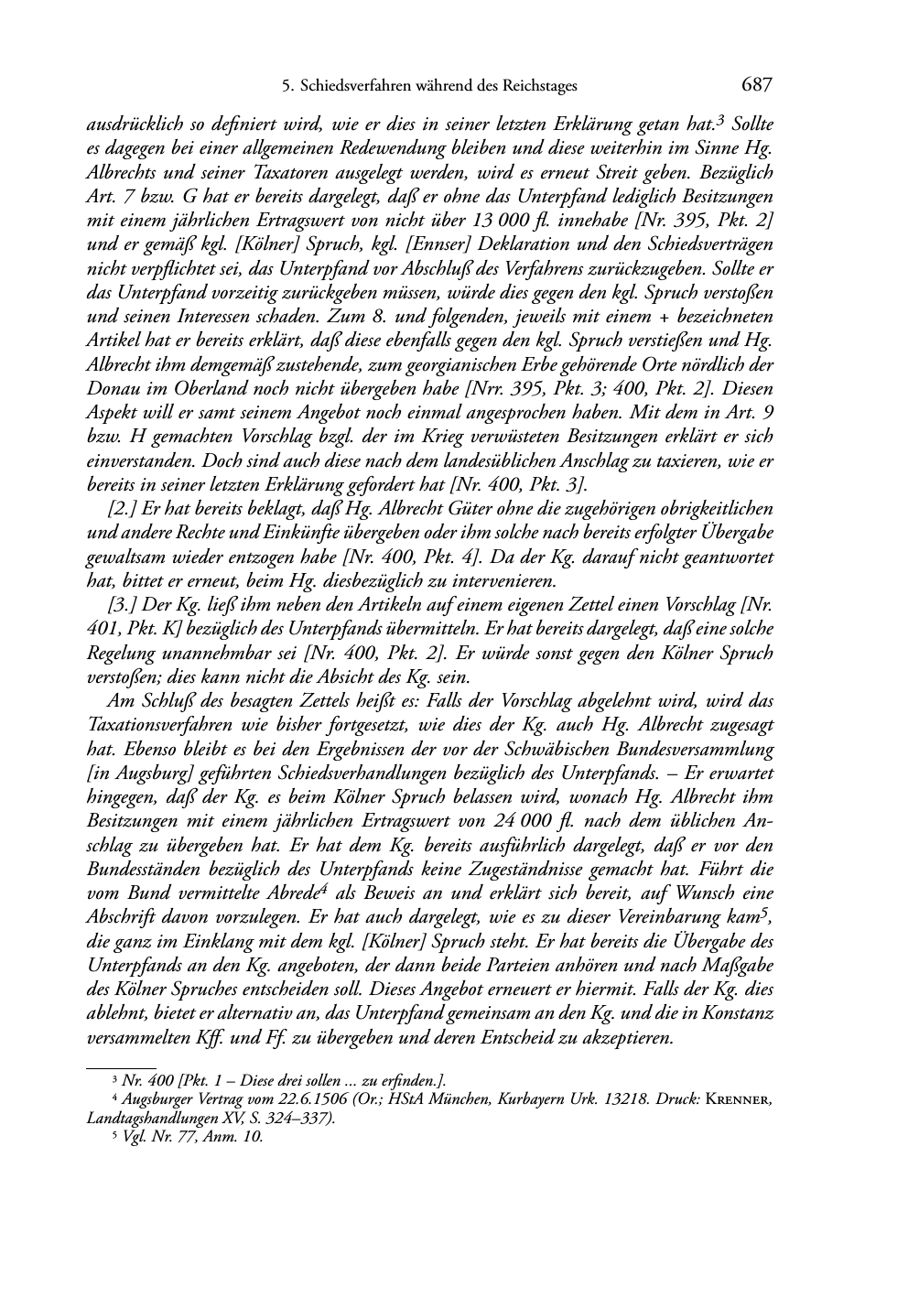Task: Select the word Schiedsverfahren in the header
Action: coord(350,87)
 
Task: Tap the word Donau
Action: coord(112,389)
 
